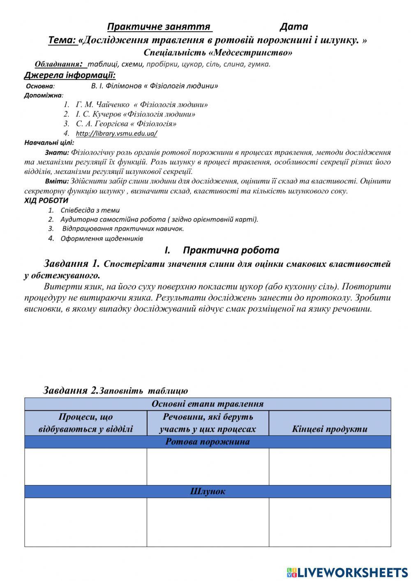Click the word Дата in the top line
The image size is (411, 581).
(293, 27)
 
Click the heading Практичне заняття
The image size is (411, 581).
(159, 27)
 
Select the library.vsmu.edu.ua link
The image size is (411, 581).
(116, 133)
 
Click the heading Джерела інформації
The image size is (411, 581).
(70, 75)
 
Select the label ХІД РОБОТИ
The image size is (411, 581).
(46, 200)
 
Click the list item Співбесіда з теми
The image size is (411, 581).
(90, 210)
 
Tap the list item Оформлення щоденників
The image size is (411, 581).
(102, 238)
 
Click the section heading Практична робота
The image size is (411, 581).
(231, 250)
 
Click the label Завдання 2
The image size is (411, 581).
(70, 390)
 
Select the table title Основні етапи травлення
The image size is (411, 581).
(208, 404)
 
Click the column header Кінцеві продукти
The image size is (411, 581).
(330, 429)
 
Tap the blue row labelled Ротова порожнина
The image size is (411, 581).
(208, 442)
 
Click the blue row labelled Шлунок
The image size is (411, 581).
(208, 491)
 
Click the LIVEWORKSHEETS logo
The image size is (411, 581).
(347, 572)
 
